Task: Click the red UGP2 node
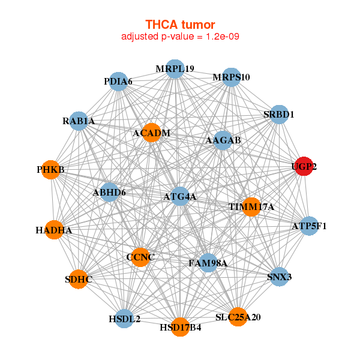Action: click(x=304, y=167)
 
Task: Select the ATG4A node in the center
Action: click(x=181, y=196)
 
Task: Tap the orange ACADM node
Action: click(x=151, y=133)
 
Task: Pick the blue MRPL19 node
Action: click(x=175, y=68)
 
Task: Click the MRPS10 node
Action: click(x=232, y=77)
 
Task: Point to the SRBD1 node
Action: click(x=279, y=114)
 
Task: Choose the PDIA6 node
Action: click(x=118, y=81)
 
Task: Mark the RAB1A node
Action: click(x=79, y=121)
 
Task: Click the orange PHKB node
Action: click(x=50, y=170)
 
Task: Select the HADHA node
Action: click(x=53, y=230)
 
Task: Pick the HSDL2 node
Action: click(x=124, y=319)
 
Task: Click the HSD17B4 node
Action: click(x=180, y=327)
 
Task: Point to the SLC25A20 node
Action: click(x=238, y=316)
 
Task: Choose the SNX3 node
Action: click(x=279, y=277)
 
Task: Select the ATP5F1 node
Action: click(x=309, y=226)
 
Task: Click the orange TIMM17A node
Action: click(x=251, y=206)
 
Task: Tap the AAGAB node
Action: click(x=223, y=140)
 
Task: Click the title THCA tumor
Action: click(x=180, y=25)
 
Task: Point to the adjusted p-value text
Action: click(x=180, y=37)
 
